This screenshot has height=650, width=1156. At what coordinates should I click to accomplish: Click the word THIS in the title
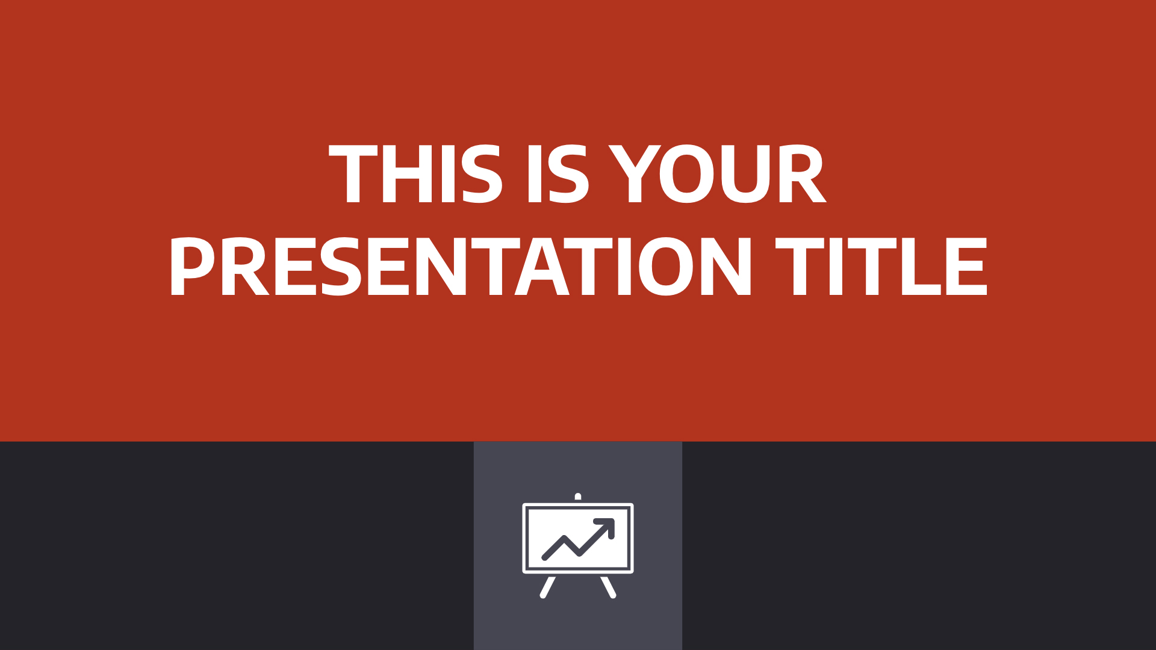tap(415, 175)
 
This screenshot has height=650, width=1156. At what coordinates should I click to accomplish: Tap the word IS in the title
tap(558, 175)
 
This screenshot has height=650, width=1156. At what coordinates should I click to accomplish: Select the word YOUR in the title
tap(717, 175)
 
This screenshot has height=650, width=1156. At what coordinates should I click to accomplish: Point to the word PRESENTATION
tap(461, 267)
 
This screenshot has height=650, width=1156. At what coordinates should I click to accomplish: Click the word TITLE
tap(881, 267)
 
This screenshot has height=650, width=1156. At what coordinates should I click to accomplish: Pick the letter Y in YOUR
tap(632, 175)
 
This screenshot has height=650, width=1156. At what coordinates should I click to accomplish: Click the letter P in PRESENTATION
tap(192, 267)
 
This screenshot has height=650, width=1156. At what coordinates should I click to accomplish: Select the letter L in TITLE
tap(921, 267)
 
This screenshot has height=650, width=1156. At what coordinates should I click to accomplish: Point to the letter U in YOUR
tap(746, 175)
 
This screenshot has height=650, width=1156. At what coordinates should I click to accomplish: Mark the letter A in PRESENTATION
tap(542, 267)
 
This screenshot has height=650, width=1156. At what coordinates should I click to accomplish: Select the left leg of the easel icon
tap(547, 587)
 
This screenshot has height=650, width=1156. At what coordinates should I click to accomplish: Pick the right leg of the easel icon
tap(609, 587)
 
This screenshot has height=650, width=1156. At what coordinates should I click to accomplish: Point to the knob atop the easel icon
tap(578, 497)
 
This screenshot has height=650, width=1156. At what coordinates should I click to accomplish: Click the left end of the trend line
tap(544, 558)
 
